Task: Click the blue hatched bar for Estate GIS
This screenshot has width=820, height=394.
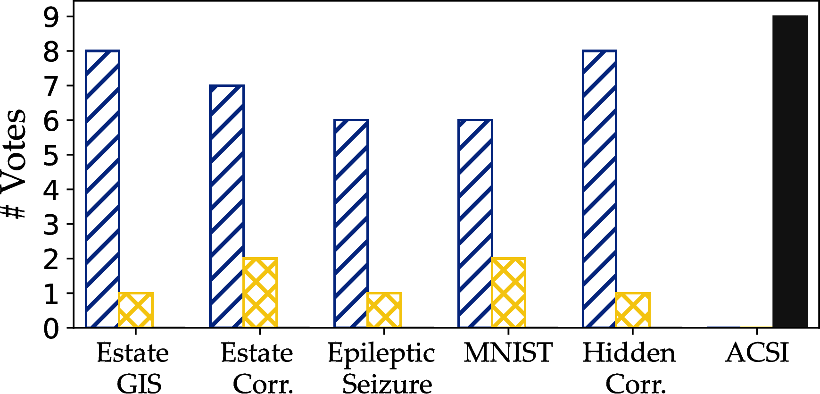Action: coord(102,189)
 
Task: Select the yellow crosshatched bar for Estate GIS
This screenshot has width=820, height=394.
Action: coord(136,310)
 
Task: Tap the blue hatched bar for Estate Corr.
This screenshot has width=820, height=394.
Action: coord(227,206)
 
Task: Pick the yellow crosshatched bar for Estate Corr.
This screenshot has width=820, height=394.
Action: coord(260,293)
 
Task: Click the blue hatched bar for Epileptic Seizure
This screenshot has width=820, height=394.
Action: coord(351,224)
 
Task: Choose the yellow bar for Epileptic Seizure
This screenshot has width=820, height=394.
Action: coord(384,310)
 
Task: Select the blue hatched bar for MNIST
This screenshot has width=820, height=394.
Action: coord(475,224)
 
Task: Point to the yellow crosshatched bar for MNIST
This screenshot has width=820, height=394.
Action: coord(508,293)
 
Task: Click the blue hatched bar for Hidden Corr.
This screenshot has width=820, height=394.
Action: coord(600,189)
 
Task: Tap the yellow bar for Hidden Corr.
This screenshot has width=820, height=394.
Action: coord(633,310)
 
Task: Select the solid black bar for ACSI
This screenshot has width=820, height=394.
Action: coord(790,171)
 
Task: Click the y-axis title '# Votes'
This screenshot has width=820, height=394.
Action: coord(13,164)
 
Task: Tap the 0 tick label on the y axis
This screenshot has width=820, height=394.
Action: coord(51,328)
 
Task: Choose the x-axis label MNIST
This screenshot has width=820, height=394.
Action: coord(508,352)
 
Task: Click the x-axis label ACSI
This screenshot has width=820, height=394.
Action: coord(757,352)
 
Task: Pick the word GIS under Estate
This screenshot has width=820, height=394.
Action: coord(139,384)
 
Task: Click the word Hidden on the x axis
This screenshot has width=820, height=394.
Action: coord(629,352)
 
